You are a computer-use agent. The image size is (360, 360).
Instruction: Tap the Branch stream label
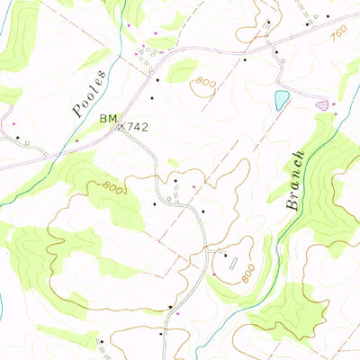click(x=296, y=181)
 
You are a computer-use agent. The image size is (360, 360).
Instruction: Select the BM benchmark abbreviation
click(x=109, y=118)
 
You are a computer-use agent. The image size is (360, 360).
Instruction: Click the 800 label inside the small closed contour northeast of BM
click(x=204, y=84)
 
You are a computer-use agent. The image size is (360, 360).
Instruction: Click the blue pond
click(x=282, y=98)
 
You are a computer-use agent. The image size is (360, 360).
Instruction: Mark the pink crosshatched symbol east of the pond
click(x=322, y=105)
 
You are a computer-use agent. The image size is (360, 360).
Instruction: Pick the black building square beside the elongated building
click(x=225, y=256)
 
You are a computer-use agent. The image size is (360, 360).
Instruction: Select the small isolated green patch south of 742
click(x=173, y=163)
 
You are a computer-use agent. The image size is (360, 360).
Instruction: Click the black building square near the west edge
click(x=19, y=137)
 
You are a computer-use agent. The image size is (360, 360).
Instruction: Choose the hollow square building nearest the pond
click(x=283, y=62)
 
